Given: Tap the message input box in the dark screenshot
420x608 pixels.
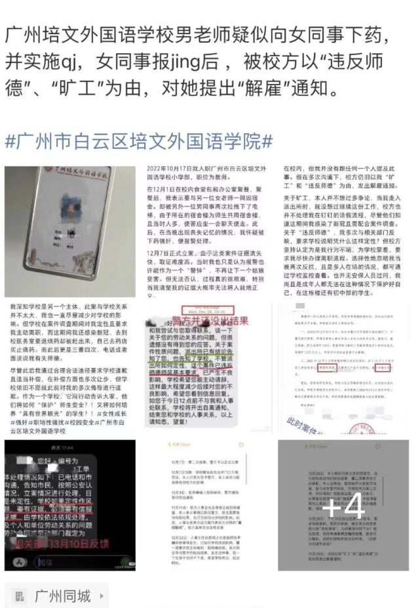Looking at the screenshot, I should point(79,561).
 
